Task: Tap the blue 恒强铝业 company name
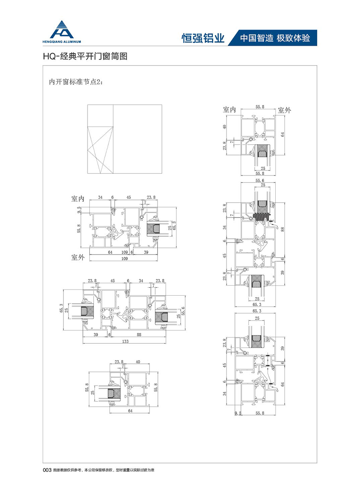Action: click(x=203, y=38)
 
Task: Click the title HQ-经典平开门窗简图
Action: click(x=85, y=57)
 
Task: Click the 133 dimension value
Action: click(x=125, y=341)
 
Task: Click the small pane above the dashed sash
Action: click(x=101, y=115)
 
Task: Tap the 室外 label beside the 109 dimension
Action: click(x=77, y=257)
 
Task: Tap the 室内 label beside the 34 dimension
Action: click(x=77, y=199)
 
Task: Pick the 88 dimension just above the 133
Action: click(x=137, y=334)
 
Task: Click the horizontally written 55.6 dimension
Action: click(x=260, y=181)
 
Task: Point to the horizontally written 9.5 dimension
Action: click(x=238, y=413)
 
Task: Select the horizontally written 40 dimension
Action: click(x=138, y=362)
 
